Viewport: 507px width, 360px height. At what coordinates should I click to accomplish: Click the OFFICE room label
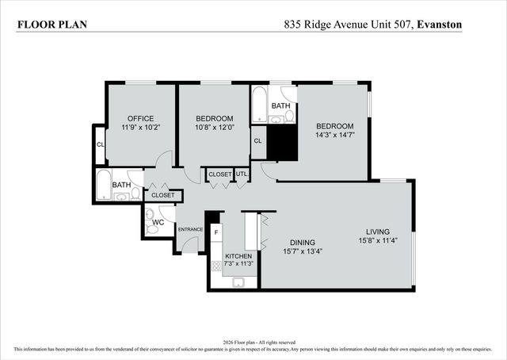pos(140,118)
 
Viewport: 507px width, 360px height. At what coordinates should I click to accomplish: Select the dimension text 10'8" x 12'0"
pos(215,127)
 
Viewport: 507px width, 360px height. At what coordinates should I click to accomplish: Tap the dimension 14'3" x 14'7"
pos(335,135)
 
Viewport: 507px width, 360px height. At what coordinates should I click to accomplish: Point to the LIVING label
pos(379,232)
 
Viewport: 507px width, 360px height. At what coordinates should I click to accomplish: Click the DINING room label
pos(302,243)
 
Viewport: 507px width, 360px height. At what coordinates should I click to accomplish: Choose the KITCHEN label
pos(238,256)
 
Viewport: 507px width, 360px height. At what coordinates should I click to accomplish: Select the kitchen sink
pos(238,281)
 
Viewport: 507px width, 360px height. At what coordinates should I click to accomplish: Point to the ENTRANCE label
pos(190,230)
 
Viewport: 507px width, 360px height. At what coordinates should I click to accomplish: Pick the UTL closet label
pos(242,174)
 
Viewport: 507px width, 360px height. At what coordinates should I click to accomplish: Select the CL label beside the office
pos(100,144)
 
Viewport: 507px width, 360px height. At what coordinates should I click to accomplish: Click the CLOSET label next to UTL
pos(219,174)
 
